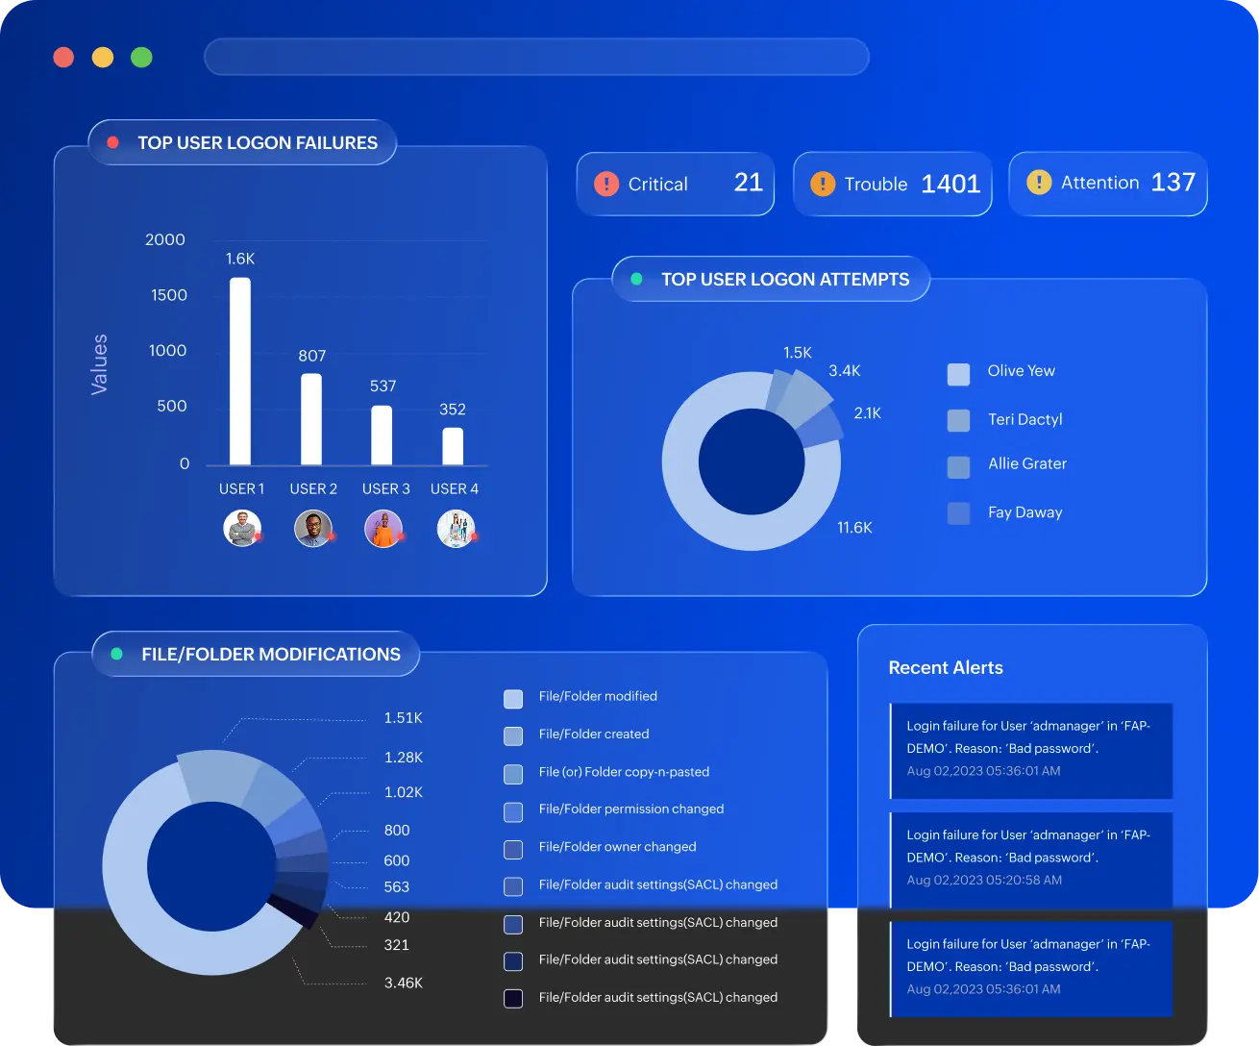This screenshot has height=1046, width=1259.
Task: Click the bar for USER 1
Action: [240, 371]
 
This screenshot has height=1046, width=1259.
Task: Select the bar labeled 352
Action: [453, 446]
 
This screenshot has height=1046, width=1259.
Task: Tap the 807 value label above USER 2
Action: [311, 356]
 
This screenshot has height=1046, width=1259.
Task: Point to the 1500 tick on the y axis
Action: [169, 295]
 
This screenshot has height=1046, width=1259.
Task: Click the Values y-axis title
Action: [100, 364]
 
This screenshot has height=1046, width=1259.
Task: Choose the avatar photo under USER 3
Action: [383, 529]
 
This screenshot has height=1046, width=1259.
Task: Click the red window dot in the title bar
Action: [63, 58]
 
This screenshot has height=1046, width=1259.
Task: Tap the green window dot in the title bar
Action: [141, 58]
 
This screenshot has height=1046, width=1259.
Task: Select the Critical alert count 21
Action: [749, 182]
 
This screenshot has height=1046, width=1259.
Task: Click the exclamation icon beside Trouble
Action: [823, 184]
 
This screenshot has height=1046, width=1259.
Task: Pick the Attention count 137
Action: [1173, 182]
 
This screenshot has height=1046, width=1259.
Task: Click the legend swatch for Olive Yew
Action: [958, 374]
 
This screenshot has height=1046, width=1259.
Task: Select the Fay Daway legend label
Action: [1025, 512]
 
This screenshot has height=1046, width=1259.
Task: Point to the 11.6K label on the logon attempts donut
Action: [854, 528]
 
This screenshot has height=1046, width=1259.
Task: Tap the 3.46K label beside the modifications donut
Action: [404, 983]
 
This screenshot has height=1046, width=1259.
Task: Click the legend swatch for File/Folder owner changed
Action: [513, 849]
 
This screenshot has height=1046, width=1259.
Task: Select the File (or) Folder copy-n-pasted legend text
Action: [624, 772]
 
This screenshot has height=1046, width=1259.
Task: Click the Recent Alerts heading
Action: [946, 668]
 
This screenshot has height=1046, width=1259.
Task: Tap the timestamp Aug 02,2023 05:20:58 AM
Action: [984, 880]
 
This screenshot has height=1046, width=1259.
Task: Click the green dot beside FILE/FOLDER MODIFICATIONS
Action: [117, 654]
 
